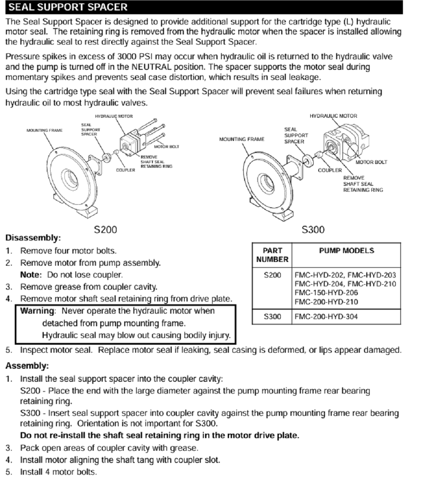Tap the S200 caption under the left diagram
point(105,230)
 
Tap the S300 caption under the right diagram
point(314,230)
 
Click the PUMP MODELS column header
point(346,251)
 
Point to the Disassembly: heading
point(33,238)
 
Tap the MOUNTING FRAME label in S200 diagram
point(44,130)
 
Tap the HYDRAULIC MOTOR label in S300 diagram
point(333,116)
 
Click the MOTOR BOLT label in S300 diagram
point(372,162)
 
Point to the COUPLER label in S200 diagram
point(125,170)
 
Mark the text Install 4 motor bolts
point(59,472)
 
